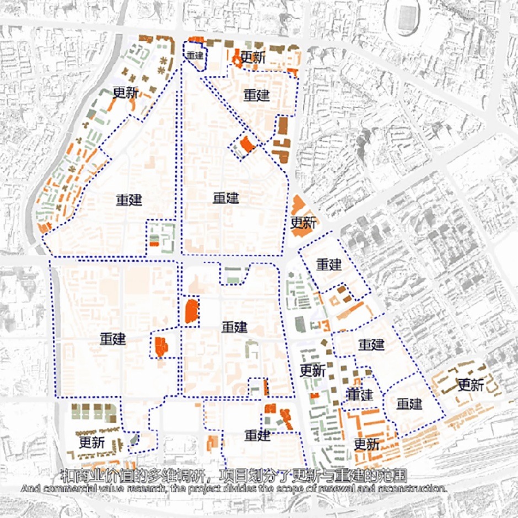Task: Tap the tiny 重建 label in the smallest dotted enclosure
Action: point(195,56)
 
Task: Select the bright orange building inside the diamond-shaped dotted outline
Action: point(246,145)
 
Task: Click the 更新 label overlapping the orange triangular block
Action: point(303,223)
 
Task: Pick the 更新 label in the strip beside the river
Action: point(126,93)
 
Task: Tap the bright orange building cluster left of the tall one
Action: point(160,346)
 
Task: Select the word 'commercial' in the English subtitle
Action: point(67,488)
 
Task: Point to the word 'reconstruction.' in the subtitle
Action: point(407,488)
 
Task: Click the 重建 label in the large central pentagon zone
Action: point(226,198)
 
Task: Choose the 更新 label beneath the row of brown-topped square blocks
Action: point(93,441)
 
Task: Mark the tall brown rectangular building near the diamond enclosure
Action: point(282,126)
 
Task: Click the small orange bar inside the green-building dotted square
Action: point(155,243)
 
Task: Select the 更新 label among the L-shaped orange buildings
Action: point(366,444)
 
